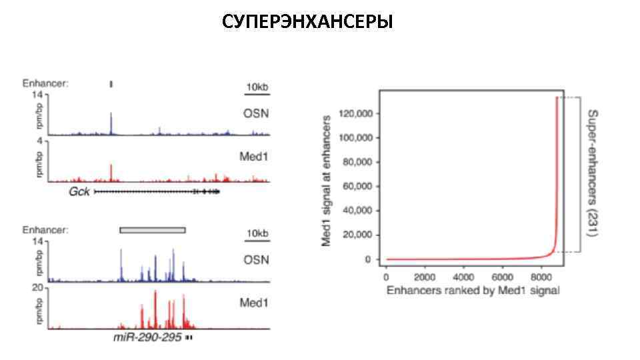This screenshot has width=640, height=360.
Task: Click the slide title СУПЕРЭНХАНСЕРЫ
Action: pos(307,22)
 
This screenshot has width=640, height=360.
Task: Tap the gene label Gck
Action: pos(79,192)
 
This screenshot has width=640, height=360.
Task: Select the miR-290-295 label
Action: pos(147,338)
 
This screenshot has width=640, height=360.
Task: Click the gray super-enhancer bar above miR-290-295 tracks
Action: pos(152,230)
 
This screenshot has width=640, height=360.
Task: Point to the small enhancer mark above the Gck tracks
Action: pos(111,84)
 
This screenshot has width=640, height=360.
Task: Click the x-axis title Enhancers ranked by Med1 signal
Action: pos(473,290)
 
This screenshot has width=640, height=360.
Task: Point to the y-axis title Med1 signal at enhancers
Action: pos(327,180)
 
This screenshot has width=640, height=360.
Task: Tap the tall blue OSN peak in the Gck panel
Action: pos(111,123)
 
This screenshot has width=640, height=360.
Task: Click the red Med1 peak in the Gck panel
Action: pos(111,171)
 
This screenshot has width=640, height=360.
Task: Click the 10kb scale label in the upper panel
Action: pos(257,87)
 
